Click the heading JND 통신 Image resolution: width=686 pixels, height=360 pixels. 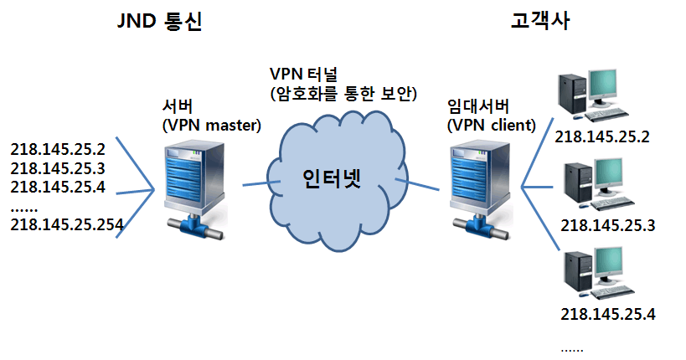click(x=159, y=22)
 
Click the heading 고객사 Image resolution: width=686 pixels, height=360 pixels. click(x=539, y=22)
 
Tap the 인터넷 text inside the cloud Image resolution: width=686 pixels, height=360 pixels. click(x=331, y=179)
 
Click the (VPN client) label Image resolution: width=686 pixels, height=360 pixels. click(x=492, y=126)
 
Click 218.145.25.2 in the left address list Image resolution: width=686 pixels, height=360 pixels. click(x=58, y=150)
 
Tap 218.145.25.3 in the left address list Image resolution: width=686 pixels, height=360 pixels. click(x=58, y=168)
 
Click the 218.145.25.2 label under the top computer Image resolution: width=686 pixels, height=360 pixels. click(x=602, y=136)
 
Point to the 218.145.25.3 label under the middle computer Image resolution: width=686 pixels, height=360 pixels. click(x=608, y=225)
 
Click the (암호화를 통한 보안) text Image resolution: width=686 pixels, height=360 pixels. click(x=343, y=93)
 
